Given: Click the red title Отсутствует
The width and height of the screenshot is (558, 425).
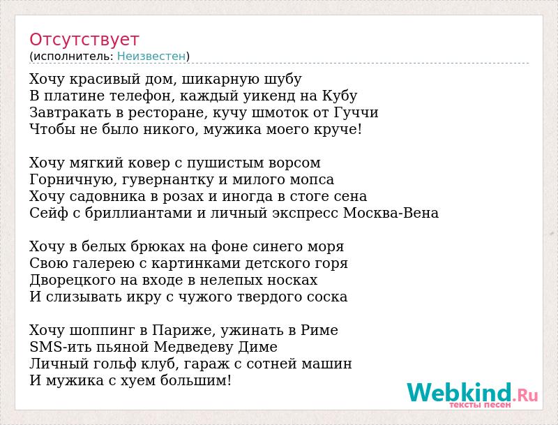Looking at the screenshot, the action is click(84, 40).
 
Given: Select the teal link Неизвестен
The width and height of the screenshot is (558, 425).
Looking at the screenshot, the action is click(151, 57).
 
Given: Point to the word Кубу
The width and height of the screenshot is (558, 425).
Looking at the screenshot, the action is click(340, 96).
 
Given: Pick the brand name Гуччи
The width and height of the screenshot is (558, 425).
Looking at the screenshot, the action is click(356, 113).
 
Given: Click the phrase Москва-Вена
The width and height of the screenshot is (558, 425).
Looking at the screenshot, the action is click(391, 214).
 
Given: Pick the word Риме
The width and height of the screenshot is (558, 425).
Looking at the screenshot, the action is click(319, 331).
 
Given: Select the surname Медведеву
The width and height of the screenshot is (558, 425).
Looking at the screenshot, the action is click(193, 348).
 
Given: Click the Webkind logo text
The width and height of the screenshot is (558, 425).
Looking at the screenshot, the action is click(473, 393).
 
